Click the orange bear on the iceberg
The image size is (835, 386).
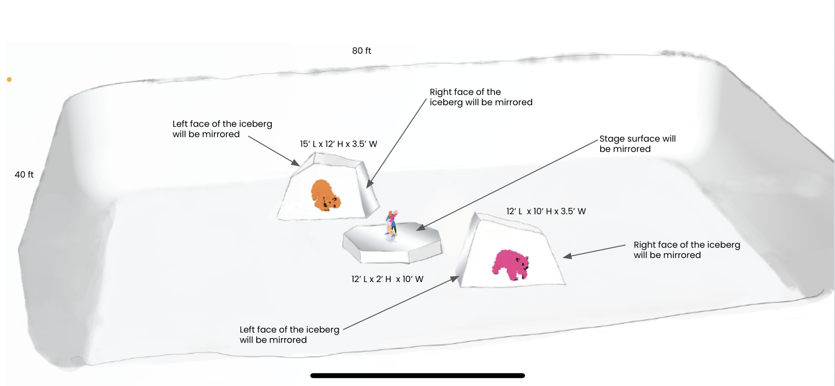click(x=325, y=196)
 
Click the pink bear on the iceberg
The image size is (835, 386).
click(x=510, y=264)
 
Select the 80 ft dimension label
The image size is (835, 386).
click(x=361, y=51)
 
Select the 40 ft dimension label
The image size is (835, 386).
click(x=24, y=174)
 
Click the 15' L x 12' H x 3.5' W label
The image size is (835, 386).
click(x=338, y=144)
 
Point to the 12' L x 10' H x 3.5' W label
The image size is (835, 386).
click(x=546, y=211)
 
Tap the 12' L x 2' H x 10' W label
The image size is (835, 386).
click(x=387, y=279)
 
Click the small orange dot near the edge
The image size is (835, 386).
click(x=9, y=80)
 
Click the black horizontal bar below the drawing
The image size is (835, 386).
click(x=417, y=376)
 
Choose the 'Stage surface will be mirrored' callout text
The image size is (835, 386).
click(x=637, y=144)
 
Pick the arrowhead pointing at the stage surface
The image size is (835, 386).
click(x=421, y=228)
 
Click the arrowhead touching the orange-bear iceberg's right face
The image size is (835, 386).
click(x=369, y=184)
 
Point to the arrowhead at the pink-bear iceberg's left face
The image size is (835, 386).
click(x=455, y=278)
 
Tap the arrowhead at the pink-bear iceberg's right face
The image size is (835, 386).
click(x=567, y=256)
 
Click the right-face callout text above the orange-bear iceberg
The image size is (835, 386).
click(x=481, y=97)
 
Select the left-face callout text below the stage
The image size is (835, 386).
click(x=289, y=335)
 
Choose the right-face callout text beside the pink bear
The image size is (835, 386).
click(x=687, y=250)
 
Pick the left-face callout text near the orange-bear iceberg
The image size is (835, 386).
click(x=222, y=129)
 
